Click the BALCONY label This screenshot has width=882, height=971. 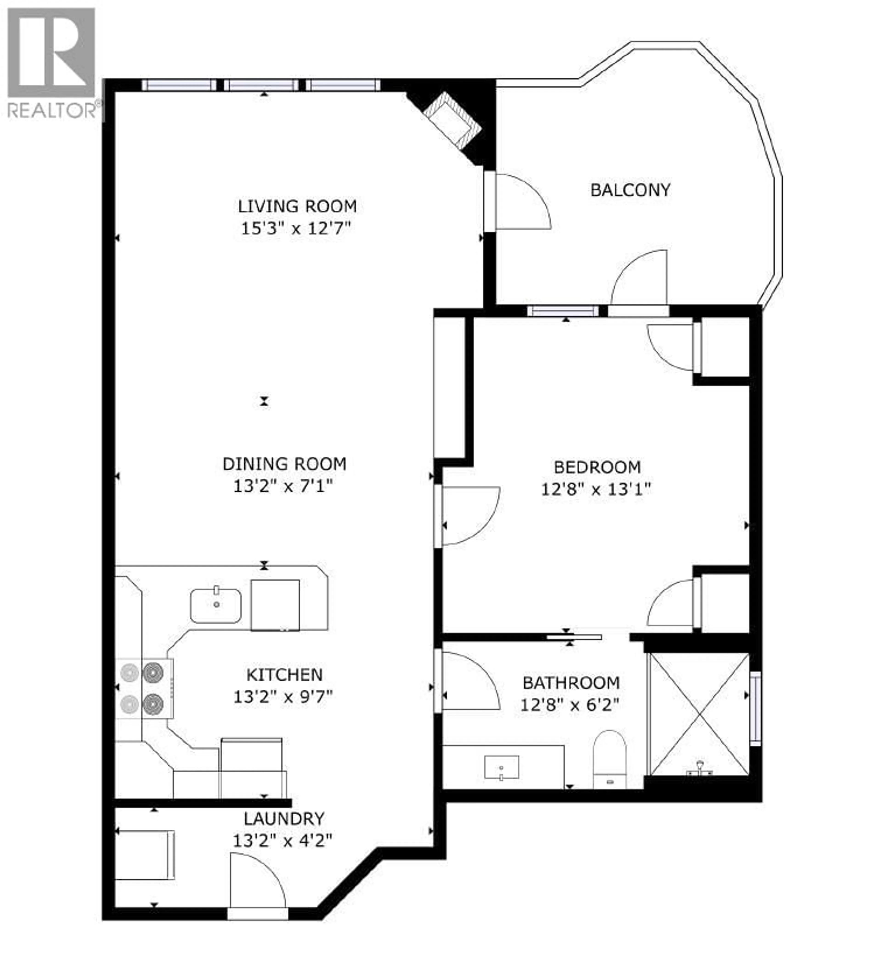[x=630, y=190]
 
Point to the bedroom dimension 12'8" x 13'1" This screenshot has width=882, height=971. [x=596, y=489]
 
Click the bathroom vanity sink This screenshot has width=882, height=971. [x=501, y=767]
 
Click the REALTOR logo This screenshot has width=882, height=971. [x=52, y=63]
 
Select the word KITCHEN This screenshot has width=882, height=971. [x=284, y=675]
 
